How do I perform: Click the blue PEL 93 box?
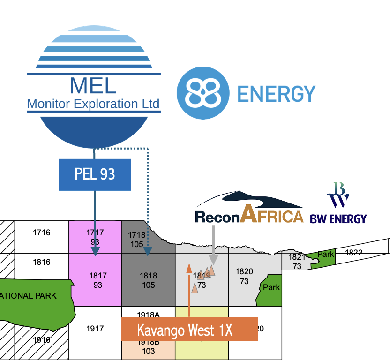coord(95,174)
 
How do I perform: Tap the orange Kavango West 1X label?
coord(189,329)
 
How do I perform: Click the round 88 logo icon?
coord(203,92)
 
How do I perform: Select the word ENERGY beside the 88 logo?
coord(276,94)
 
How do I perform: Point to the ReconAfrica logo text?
coord(249,216)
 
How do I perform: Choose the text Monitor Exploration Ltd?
coord(93,104)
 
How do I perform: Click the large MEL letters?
coord(93,85)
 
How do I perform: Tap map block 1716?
coord(42,232)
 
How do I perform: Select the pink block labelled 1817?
coord(95,280)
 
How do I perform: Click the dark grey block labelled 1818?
coord(149,280)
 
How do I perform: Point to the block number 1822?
coord(354,253)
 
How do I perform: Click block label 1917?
coord(95,329)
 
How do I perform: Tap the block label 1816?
coord(42,262)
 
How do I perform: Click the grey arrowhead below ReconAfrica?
coord(213,260)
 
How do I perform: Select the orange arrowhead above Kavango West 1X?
coord(189,268)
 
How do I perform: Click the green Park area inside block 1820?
coord(271,287)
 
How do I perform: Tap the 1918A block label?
coord(149,314)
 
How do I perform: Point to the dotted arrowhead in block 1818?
coord(148,253)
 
